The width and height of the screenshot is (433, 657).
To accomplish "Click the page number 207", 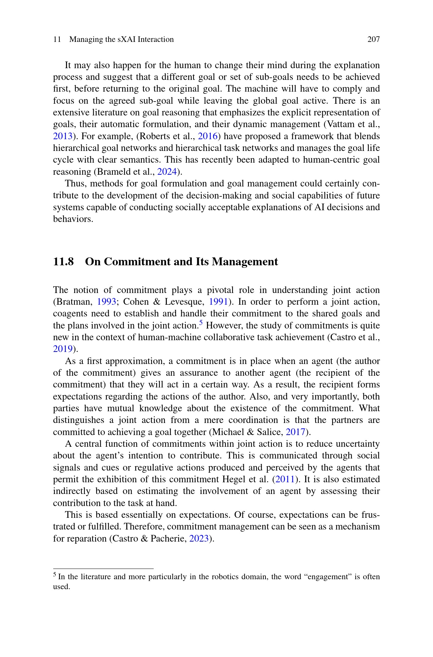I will tap(373, 39).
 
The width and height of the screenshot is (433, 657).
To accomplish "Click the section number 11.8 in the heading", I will tap(64, 262).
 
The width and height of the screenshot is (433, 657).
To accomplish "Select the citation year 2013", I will tap(63, 136).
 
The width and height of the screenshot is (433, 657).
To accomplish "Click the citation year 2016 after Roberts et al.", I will tap(208, 136).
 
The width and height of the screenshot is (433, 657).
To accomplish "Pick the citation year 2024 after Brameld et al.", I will tap(167, 172).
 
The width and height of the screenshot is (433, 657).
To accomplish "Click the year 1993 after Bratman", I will tap(106, 302).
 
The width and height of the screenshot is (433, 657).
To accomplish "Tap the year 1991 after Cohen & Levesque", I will tap(218, 302).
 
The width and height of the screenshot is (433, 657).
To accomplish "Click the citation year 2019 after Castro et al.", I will tap(63, 349).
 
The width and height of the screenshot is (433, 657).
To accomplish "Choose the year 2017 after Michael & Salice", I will tap(296, 432).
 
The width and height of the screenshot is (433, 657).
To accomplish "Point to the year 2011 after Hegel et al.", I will tap(285, 479).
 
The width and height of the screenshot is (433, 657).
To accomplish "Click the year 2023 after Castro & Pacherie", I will tap(199, 539).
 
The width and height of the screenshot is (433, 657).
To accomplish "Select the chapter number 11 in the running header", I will tap(57, 39).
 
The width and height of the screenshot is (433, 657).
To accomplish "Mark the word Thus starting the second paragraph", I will tap(74, 184).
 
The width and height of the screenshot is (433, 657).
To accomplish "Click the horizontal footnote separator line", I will tap(103, 569).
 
